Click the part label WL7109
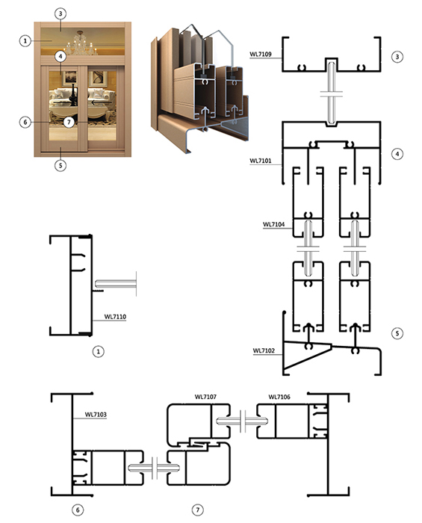[261, 54]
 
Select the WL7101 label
[261, 161]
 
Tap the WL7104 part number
[273, 224]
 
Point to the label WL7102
[264, 351]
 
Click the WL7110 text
[115, 317]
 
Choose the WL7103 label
[96, 415]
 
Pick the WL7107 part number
[205, 397]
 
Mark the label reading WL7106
[279, 397]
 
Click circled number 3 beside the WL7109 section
[397, 57]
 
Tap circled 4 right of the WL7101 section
[397, 154]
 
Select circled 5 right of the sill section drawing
[397, 333]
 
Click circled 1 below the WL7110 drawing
[98, 352]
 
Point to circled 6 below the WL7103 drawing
[78, 510]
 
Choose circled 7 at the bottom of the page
[198, 510]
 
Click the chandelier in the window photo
[81, 43]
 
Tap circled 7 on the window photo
[69, 122]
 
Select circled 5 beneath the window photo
[60, 165]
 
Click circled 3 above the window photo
[60, 13]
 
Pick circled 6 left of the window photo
[25, 122]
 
